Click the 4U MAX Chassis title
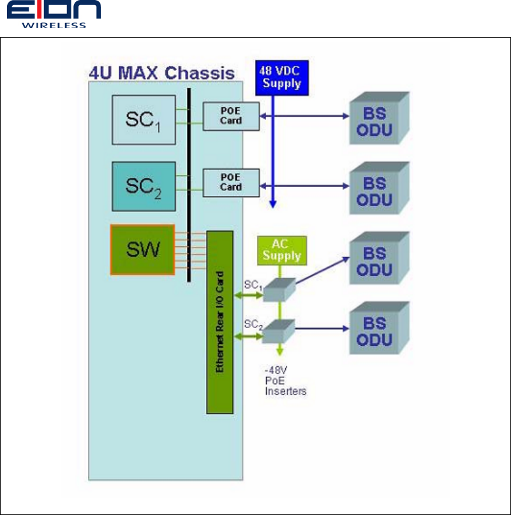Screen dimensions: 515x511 pos(161,71)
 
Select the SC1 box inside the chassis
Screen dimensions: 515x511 pos(143,119)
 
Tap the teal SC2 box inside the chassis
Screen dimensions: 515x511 pos(143,186)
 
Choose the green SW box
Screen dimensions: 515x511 pos(142,249)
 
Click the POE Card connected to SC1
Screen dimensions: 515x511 pos(231,116)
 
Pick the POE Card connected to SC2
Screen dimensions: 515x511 pos(231,183)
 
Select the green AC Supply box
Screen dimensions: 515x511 pos(281,250)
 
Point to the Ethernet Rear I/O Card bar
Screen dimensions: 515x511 pos(220,322)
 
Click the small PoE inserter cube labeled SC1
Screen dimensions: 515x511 pos(279,290)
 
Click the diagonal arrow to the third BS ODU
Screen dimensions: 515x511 pos(322,270)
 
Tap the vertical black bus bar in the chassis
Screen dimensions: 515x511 pos(189,185)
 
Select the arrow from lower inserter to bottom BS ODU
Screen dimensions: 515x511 pos(322,329)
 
